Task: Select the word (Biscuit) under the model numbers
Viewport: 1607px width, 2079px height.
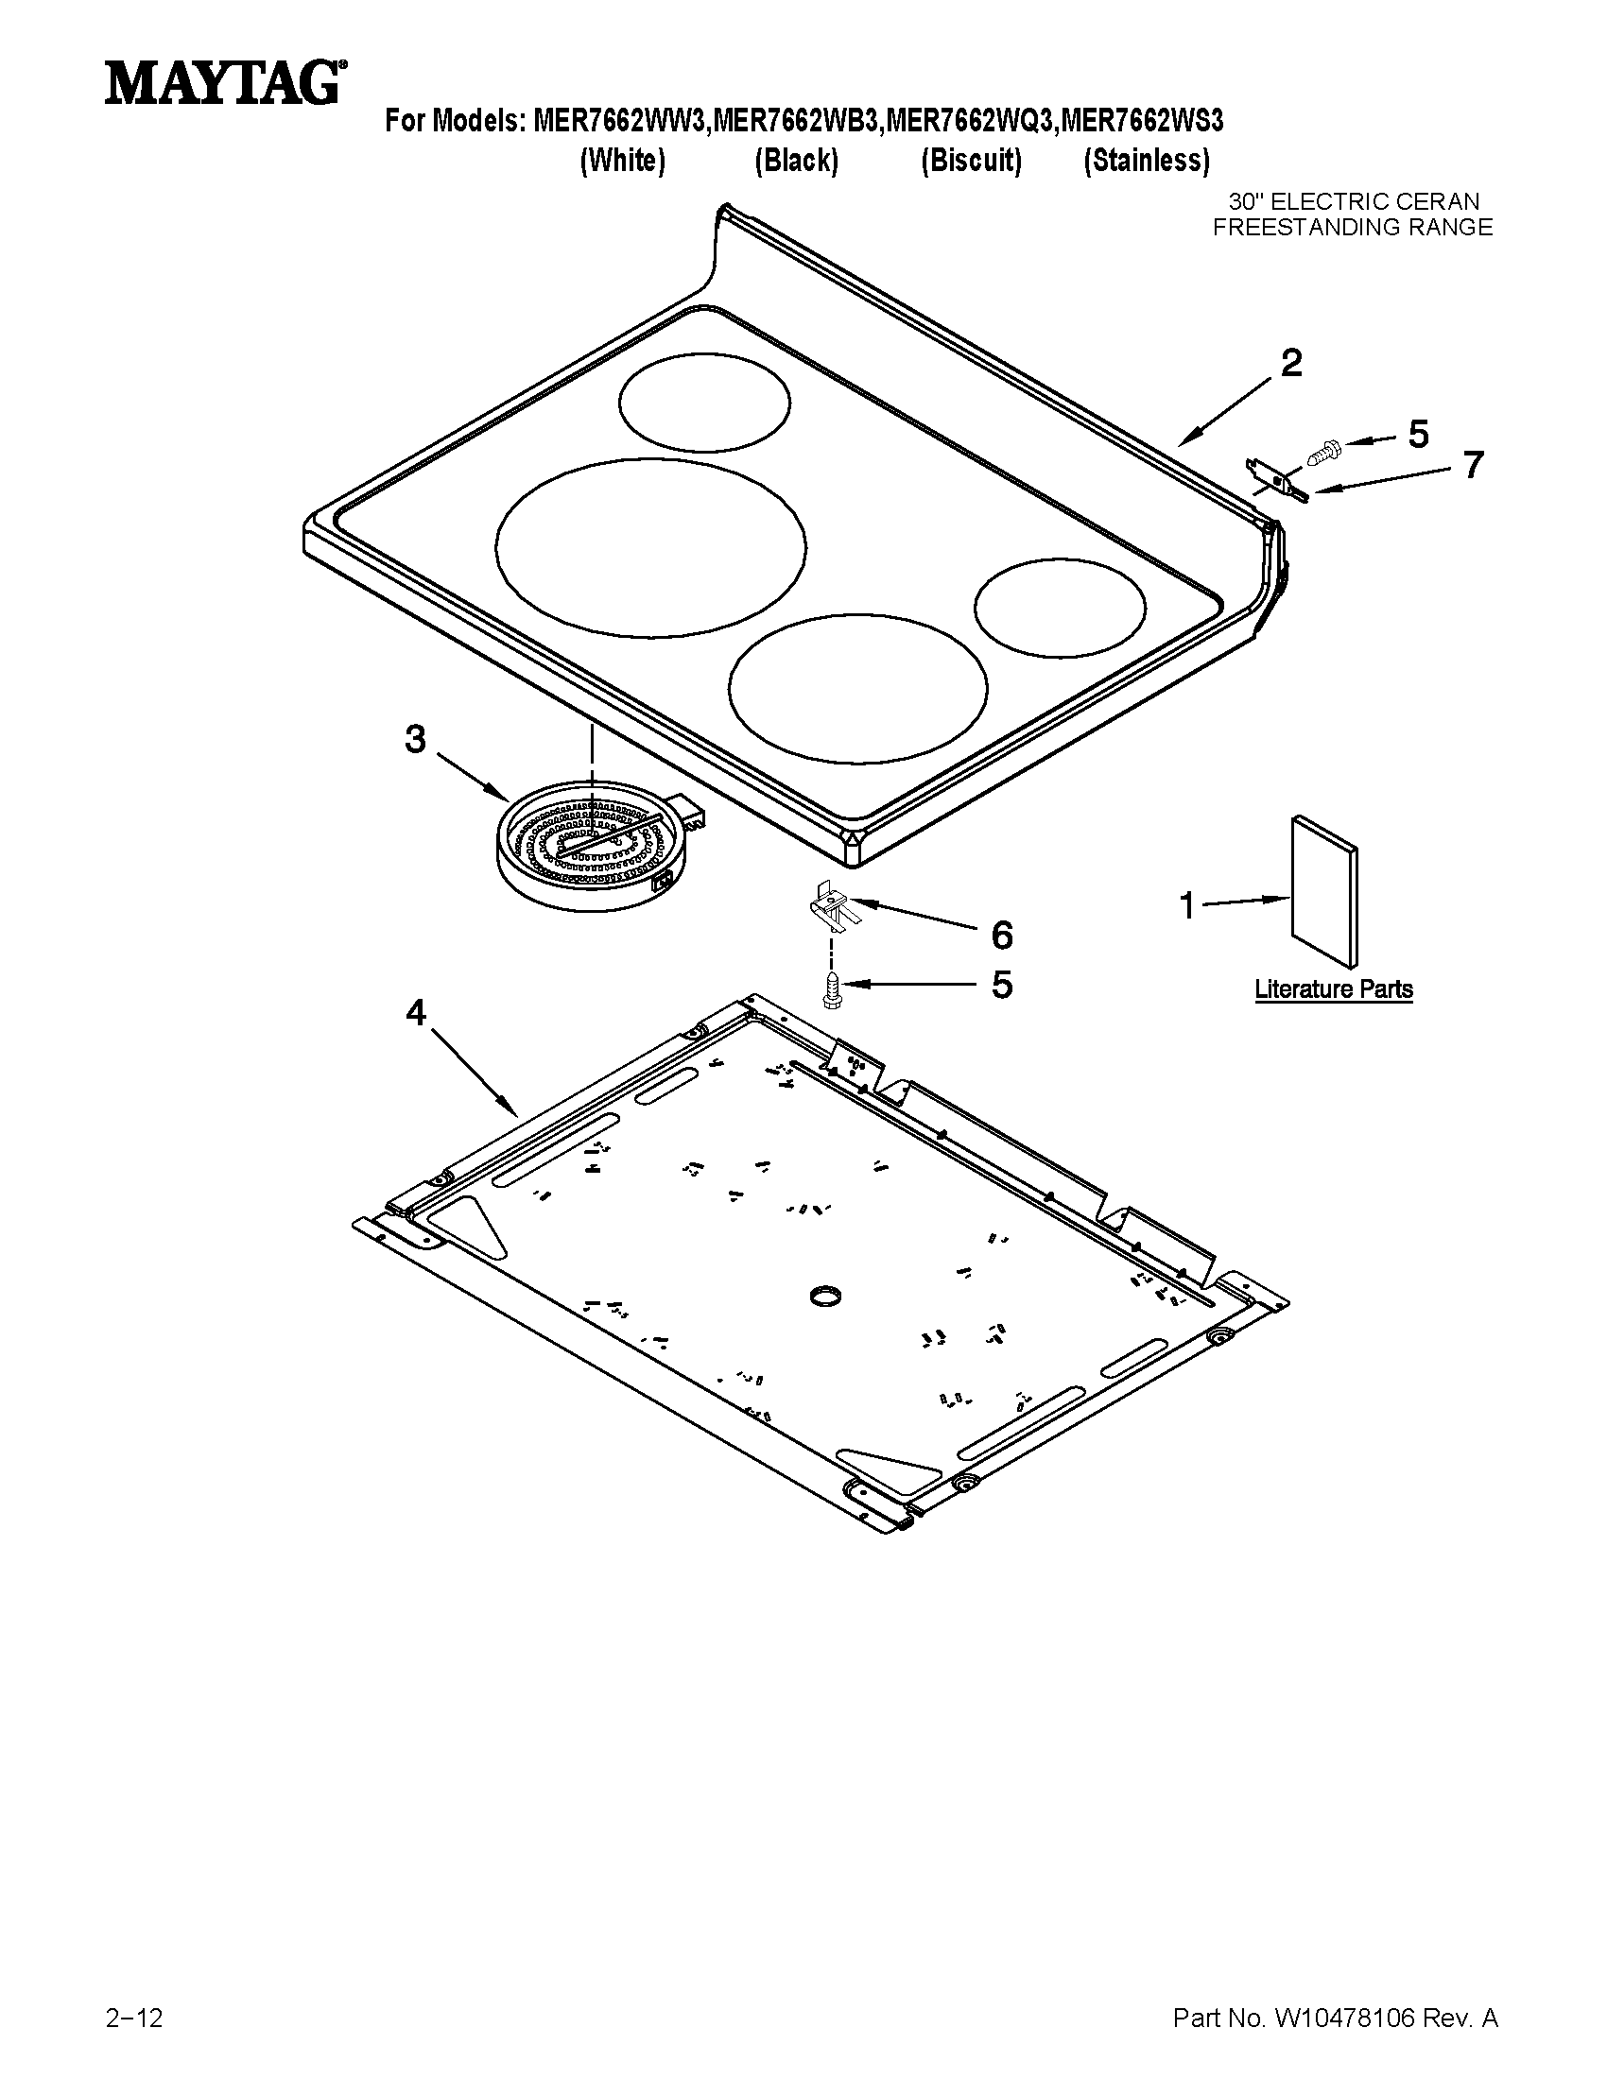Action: coord(970,161)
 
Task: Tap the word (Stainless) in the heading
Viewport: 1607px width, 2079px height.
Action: coord(1147,161)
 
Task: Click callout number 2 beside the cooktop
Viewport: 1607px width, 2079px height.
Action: coord(1290,363)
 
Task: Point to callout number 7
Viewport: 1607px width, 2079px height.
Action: coord(1473,465)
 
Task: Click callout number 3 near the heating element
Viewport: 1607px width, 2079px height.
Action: coord(415,739)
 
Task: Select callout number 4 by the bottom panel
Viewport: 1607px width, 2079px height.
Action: coord(416,1013)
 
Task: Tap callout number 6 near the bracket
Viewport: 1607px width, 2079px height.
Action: coord(1001,935)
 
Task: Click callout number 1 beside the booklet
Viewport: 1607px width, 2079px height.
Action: coord(1187,905)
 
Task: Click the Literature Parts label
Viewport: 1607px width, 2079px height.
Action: coord(1333,989)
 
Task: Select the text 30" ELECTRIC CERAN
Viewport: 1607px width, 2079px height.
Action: coord(1354,202)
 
